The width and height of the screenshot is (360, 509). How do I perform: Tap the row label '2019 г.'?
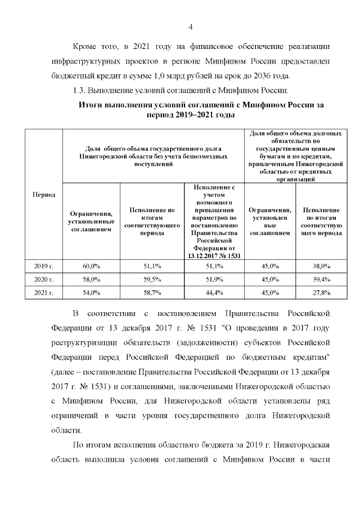click(44, 265)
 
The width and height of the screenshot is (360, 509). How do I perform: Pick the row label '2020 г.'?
click(44, 279)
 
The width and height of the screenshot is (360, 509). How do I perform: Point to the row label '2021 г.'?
click(44, 292)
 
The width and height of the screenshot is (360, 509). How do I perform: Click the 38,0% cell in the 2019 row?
click(322, 265)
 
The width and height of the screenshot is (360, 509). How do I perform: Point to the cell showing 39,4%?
click(322, 279)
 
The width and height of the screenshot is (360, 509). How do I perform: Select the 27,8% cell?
click(322, 292)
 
